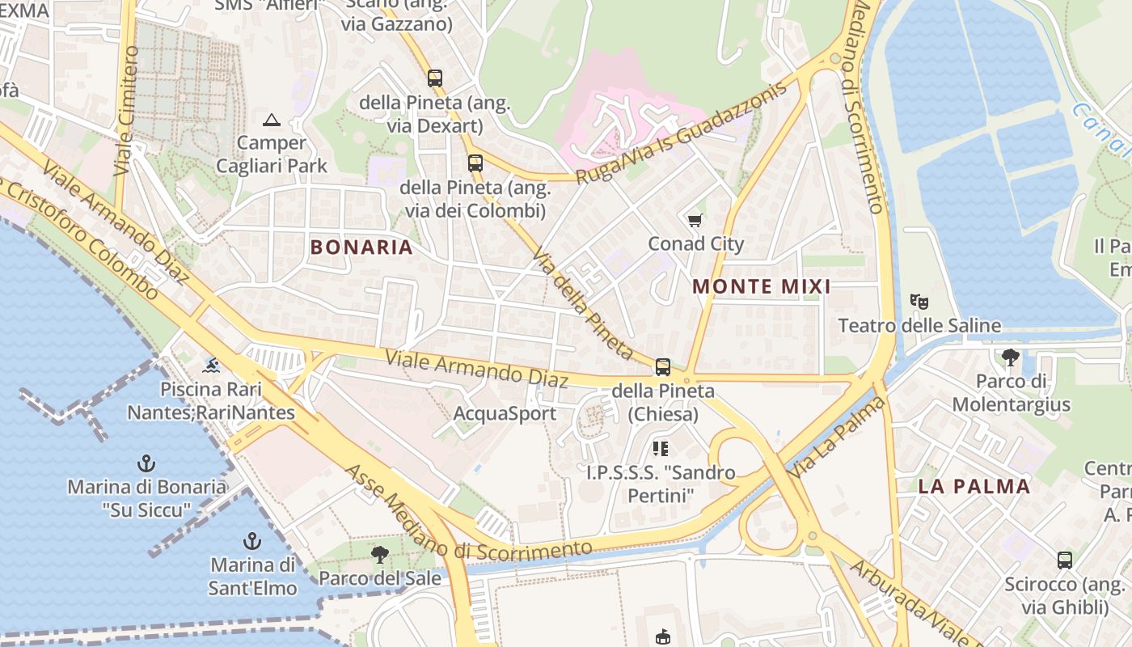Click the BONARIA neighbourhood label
pyautogui.click(x=361, y=247)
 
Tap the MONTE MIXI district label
pyautogui.click(x=762, y=286)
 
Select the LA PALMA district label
pyautogui.click(x=974, y=486)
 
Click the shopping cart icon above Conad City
pyautogui.click(x=695, y=220)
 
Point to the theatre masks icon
pyautogui.click(x=919, y=302)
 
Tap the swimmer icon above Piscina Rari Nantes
pyautogui.click(x=211, y=366)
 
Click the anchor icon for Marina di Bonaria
pyautogui.click(x=146, y=463)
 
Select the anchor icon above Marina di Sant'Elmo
pyautogui.click(x=252, y=540)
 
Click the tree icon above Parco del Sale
pyautogui.click(x=379, y=555)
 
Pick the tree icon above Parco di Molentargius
pyautogui.click(x=1010, y=357)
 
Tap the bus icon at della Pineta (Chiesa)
pyautogui.click(x=663, y=367)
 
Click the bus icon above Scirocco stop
pyautogui.click(x=1065, y=560)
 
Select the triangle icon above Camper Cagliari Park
pyautogui.click(x=272, y=121)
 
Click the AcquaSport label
pyautogui.click(x=505, y=414)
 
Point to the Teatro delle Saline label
pyautogui.click(x=919, y=326)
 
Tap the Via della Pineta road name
pyautogui.click(x=581, y=303)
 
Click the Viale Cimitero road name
pyautogui.click(x=127, y=111)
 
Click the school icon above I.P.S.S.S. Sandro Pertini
pyautogui.click(x=661, y=448)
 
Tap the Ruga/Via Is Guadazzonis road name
pyautogui.click(x=681, y=133)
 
